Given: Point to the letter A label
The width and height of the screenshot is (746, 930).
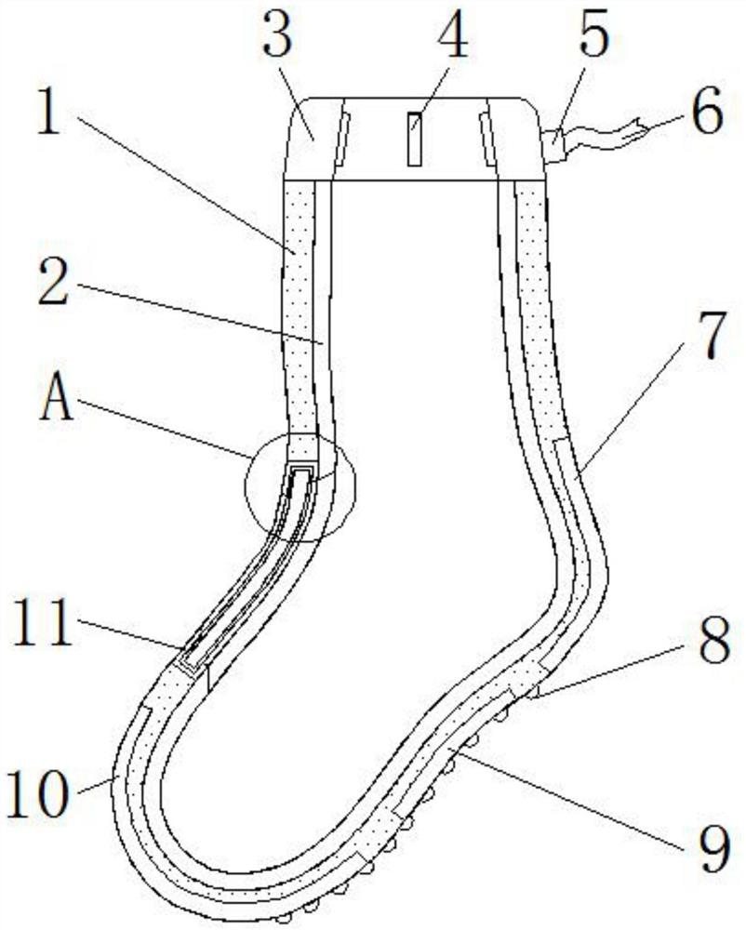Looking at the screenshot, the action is click(58, 401).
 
